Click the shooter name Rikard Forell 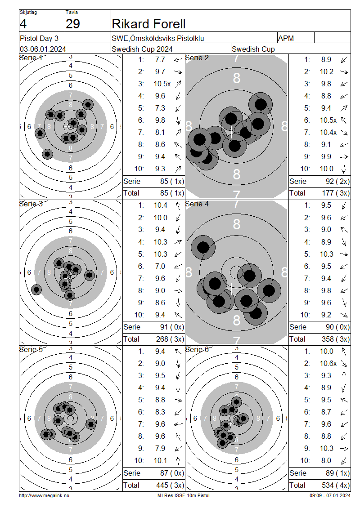[148, 24]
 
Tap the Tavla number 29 [72, 24]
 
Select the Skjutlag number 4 [23, 24]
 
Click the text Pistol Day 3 [39, 38]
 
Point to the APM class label [286, 38]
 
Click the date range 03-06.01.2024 [43, 49]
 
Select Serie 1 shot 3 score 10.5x [162, 84]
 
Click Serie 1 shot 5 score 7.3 [160, 108]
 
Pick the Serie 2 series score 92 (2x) [337, 182]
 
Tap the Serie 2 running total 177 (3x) [336, 193]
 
